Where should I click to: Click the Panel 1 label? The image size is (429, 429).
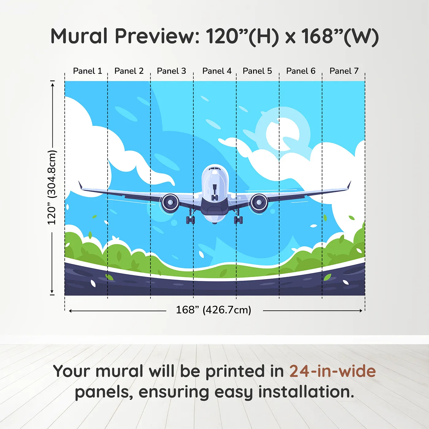[87, 71]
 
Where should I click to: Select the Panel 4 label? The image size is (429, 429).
[217, 71]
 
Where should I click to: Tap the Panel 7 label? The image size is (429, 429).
[344, 71]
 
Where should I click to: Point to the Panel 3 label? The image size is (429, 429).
[171, 71]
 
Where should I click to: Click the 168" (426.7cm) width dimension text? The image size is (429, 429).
[214, 310]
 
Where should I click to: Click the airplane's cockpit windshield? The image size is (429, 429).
[215, 169]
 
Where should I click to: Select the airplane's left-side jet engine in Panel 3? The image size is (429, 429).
[170, 203]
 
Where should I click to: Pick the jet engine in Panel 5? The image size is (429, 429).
[259, 203]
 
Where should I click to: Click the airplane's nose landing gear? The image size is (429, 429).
[214, 196]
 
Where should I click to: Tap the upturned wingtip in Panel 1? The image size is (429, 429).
[80, 185]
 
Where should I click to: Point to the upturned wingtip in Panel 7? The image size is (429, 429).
[349, 185]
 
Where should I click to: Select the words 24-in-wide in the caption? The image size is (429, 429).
[332, 371]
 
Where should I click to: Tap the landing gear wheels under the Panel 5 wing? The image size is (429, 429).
[238, 220]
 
